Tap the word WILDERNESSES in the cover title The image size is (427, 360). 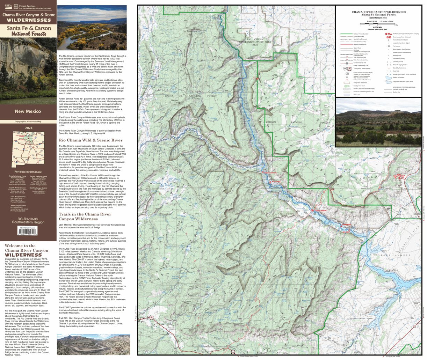pyautogui.click(x=28, y=20)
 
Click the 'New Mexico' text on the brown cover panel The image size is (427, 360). pyautogui.click(x=28, y=111)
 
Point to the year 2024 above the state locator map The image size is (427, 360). pyautogui.click(x=28, y=128)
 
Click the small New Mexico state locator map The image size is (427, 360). pyautogui.click(x=28, y=149)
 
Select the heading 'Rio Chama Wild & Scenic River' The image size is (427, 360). pyautogui.click(x=91, y=140)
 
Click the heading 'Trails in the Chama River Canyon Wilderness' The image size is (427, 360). pyautogui.click(x=85, y=216)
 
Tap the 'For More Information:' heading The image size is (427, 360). pyautogui.click(x=28, y=172)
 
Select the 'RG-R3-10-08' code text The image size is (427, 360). pyautogui.click(x=28, y=219)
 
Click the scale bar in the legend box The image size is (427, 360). pyautogui.click(x=378, y=24)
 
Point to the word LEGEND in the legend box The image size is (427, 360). pyautogui.click(x=377, y=27)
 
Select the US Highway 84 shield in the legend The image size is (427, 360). pyautogui.click(x=345, y=69)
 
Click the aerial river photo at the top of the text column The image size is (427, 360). pyautogui.click(x=92, y=28)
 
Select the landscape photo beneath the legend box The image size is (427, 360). pyautogui.click(x=378, y=122)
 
